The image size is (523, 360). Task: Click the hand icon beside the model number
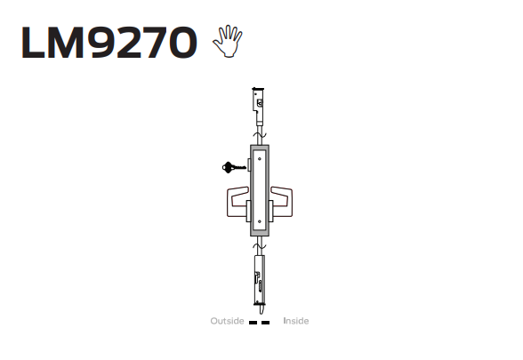[x=228, y=41]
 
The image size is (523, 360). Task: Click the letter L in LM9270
[x=33, y=43]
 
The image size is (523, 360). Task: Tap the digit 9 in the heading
[x=102, y=43]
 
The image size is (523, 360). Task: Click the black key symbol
[x=234, y=167]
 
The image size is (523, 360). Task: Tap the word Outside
[x=227, y=321]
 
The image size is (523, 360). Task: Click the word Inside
[x=296, y=321]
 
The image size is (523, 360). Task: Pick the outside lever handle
[x=237, y=202]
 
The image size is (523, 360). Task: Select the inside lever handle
[x=281, y=202]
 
